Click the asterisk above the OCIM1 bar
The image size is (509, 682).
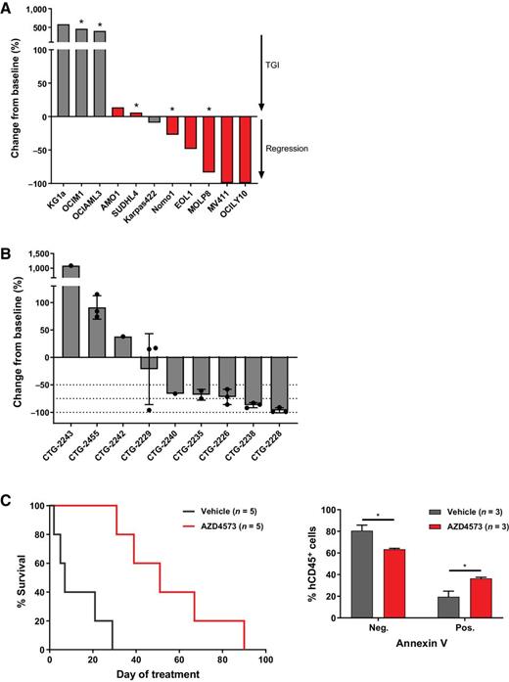tap(82, 21)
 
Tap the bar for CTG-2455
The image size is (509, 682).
tap(98, 332)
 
